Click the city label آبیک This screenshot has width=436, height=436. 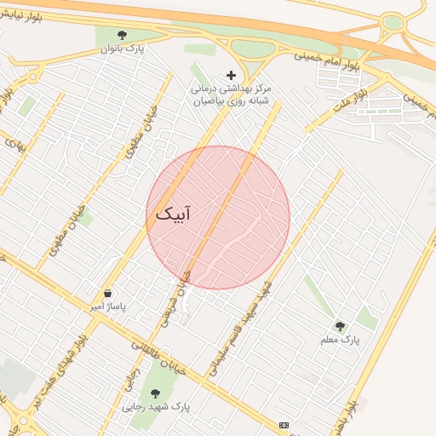click(x=173, y=214)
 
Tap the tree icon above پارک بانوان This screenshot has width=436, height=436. click(x=123, y=35)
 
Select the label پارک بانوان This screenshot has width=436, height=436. click(x=123, y=49)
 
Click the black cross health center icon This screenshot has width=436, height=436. click(x=231, y=75)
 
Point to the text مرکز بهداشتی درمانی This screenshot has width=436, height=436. click(x=231, y=88)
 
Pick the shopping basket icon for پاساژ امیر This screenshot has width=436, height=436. click(x=107, y=293)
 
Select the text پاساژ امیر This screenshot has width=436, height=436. click(x=108, y=306)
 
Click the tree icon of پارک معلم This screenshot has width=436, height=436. click(x=341, y=326)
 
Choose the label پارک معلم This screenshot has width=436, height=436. click(x=341, y=340)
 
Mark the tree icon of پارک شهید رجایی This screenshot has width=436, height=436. click(x=155, y=393)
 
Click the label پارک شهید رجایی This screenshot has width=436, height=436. click(x=155, y=406)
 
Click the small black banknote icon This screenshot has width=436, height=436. click(x=284, y=424)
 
